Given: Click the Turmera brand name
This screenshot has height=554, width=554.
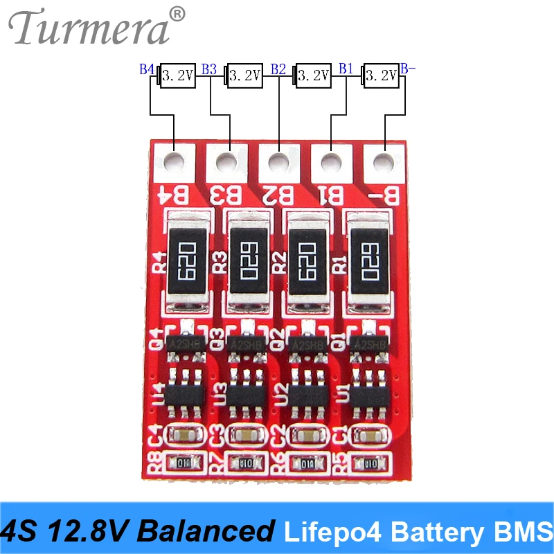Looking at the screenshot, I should (90, 29).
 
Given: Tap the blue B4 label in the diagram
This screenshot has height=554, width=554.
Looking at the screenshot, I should (147, 69).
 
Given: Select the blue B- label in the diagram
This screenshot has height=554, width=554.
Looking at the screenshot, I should (409, 69).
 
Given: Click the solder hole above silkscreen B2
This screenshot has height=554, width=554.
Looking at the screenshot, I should (278, 163).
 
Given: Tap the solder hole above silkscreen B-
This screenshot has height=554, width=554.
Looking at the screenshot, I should (383, 163).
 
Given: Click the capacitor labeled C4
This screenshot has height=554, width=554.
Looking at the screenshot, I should (184, 436).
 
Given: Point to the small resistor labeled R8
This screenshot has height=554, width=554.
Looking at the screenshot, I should (183, 463).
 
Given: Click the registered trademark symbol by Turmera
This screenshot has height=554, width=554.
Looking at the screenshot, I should (177, 14).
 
